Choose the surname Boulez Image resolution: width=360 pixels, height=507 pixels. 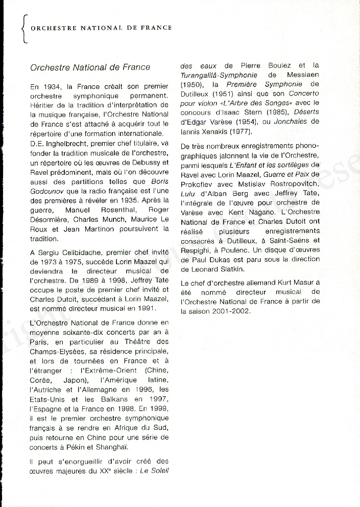[278, 66]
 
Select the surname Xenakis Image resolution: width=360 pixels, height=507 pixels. [210, 131]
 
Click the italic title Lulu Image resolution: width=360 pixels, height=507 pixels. [188, 194]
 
